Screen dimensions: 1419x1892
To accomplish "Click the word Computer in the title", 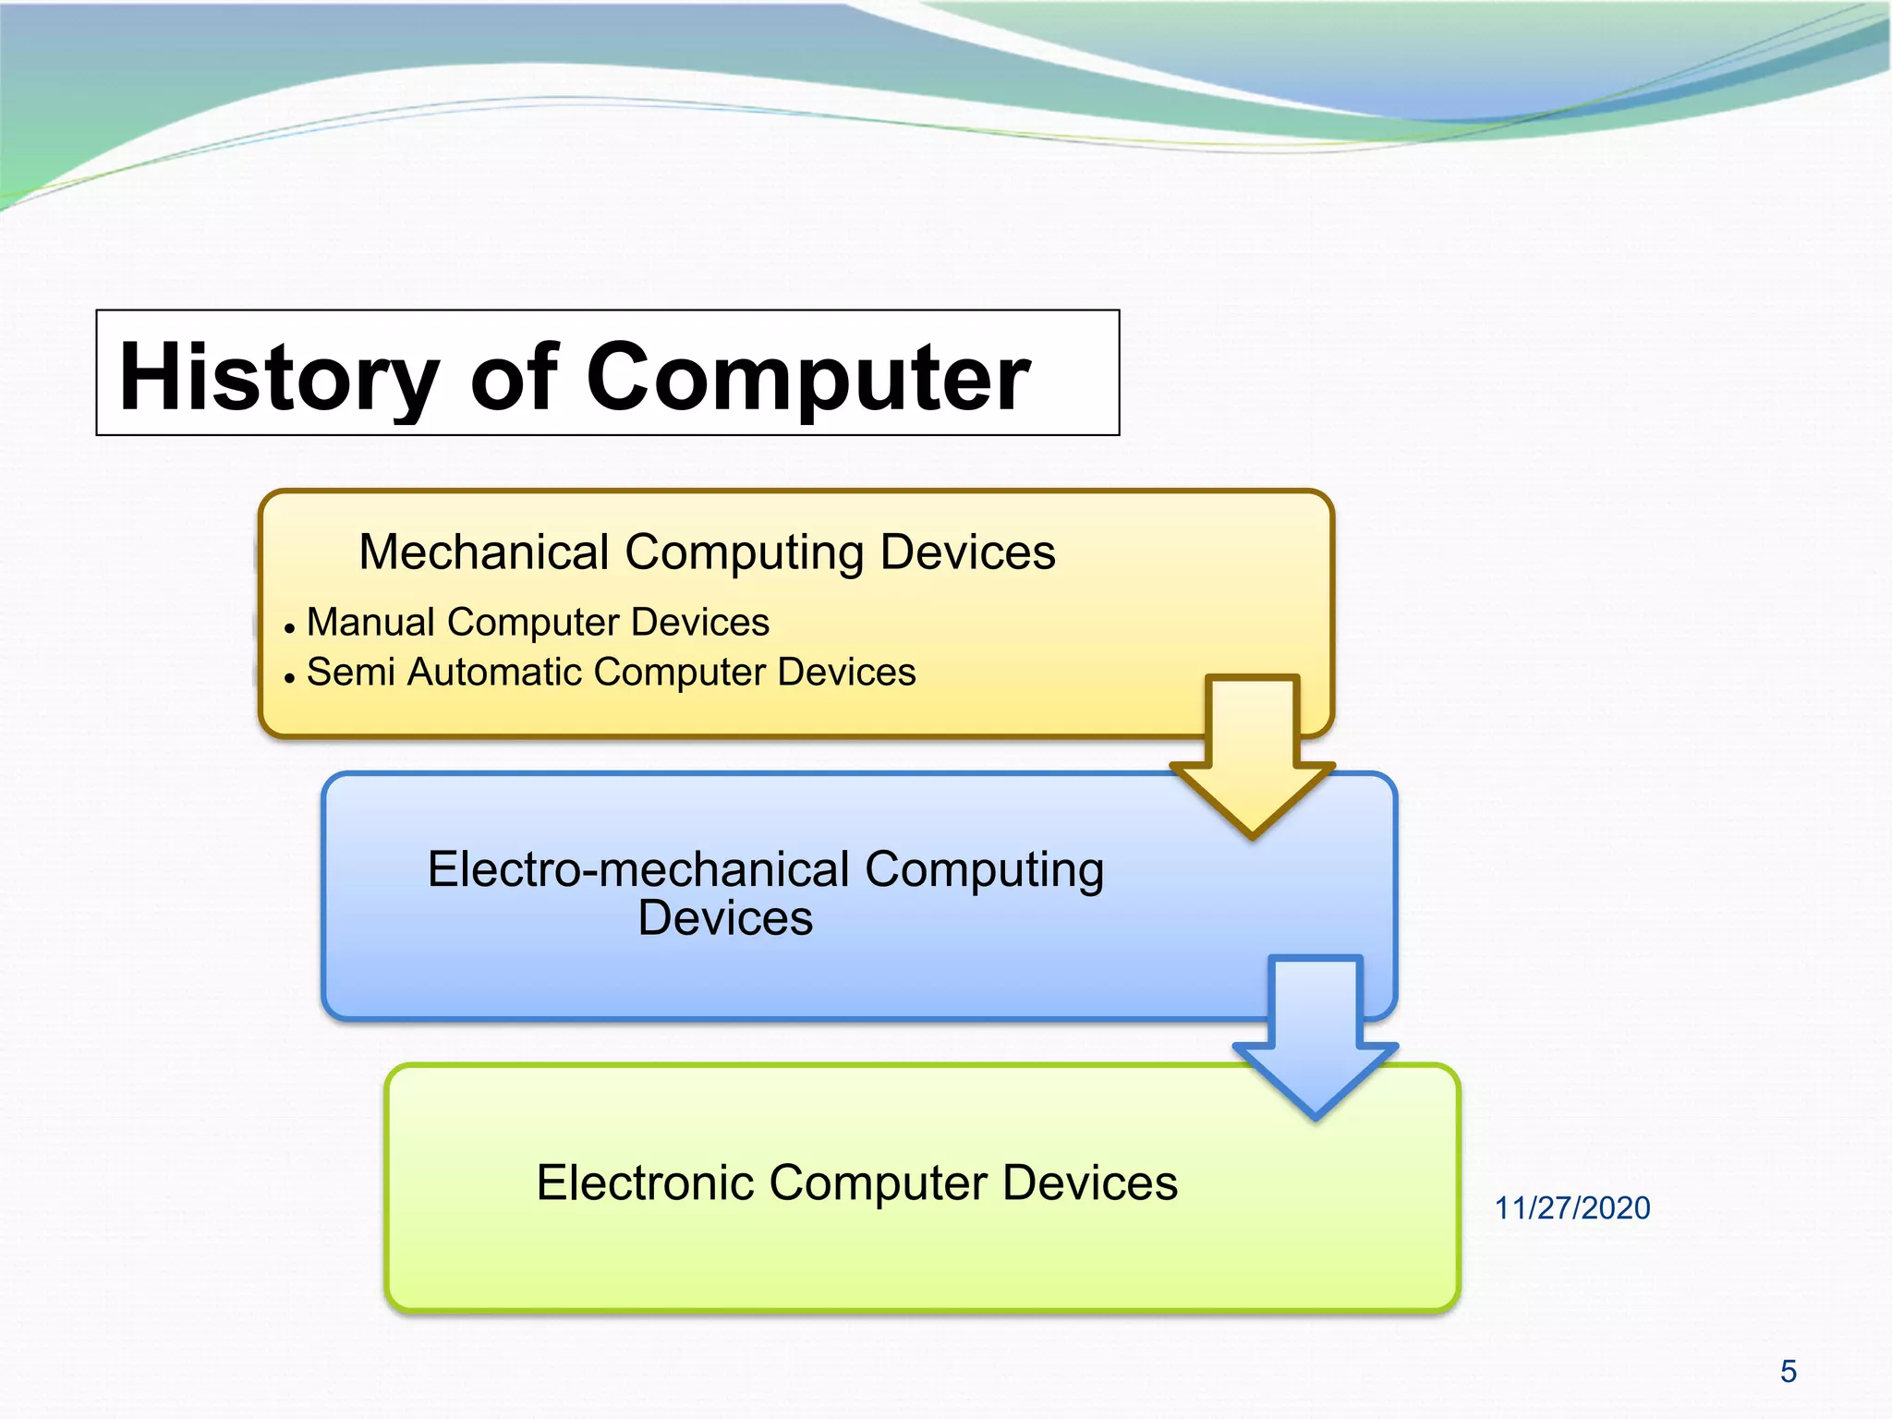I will pos(808,377).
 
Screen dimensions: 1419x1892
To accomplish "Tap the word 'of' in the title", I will pos(514,377).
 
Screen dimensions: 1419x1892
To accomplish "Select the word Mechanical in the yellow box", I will pos(484,552).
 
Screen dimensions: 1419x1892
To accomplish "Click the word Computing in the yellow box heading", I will pos(744,552).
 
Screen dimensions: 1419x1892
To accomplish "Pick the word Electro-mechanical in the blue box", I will pos(637,869).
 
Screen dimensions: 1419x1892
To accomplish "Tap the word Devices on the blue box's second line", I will pos(725,919).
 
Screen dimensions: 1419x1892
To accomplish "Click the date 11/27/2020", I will pos(1572,1208).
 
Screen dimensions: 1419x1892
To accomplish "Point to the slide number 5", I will pos(1789,1372).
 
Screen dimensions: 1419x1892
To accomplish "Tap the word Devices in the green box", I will pos(1090,1182).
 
